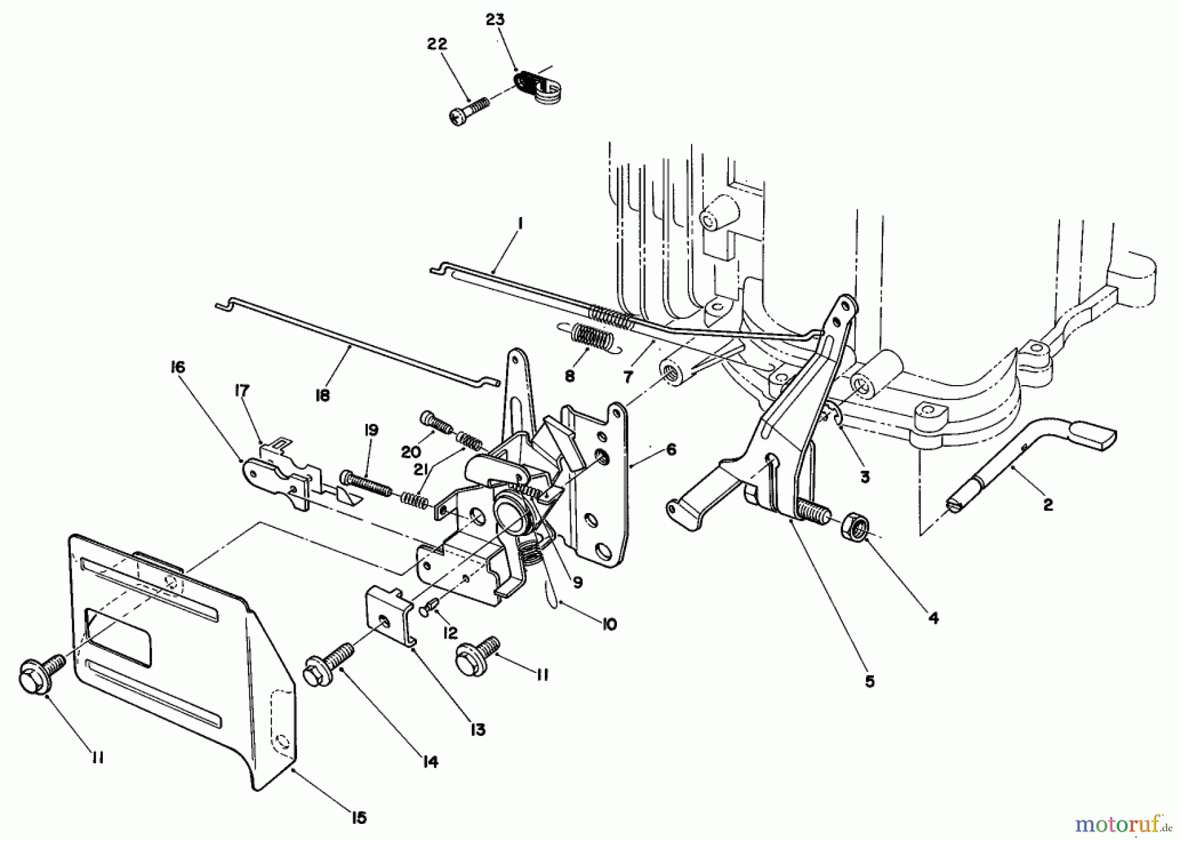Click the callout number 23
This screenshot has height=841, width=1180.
pyautogui.click(x=496, y=20)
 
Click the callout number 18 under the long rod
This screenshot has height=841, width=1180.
pyautogui.click(x=323, y=396)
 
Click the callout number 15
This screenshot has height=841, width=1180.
pyautogui.click(x=359, y=817)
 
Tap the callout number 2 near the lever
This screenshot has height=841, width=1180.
pyautogui.click(x=1048, y=504)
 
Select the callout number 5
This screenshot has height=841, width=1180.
pyautogui.click(x=869, y=682)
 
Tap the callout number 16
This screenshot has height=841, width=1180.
pyautogui.click(x=178, y=367)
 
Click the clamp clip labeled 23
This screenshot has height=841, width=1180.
pyautogui.click(x=533, y=87)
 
